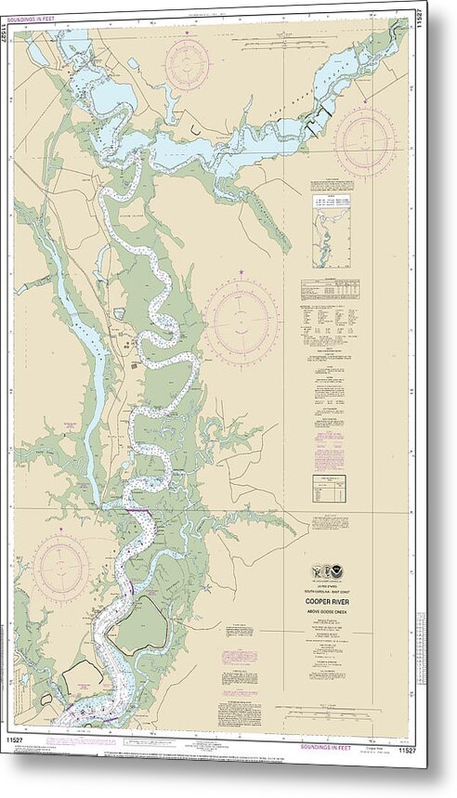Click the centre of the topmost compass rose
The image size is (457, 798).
[x=188, y=63]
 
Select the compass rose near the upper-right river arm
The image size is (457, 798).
[x=364, y=141]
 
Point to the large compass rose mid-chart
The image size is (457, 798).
[x=242, y=321]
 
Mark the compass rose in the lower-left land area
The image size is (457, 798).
[x=61, y=567]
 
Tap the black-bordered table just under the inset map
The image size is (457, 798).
[x=330, y=290]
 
